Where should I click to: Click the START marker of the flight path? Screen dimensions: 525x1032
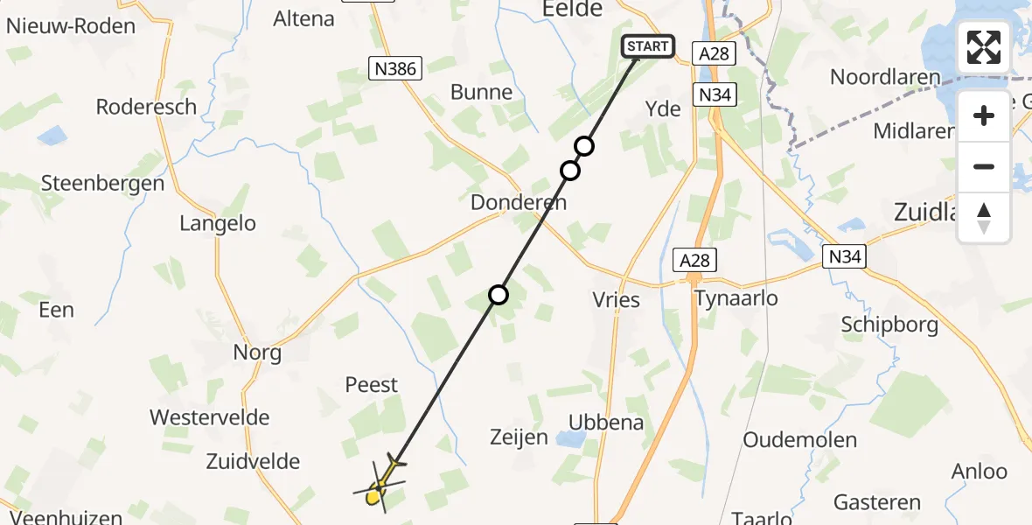click(647, 46)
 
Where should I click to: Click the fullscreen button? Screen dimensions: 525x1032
click(984, 47)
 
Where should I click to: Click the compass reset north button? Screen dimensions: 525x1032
click(984, 218)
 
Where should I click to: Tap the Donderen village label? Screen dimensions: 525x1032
click(519, 202)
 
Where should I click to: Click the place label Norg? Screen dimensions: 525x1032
click(257, 353)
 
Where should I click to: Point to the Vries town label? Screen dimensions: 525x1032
click(617, 299)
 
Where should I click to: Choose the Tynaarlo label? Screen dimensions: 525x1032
click(736, 298)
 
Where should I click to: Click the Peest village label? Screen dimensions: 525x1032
click(372, 384)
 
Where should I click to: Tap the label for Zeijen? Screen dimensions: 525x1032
click(519, 437)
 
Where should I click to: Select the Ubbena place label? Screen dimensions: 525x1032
click(606, 422)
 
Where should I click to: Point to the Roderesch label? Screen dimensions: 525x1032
click(146, 107)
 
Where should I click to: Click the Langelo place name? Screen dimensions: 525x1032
click(218, 223)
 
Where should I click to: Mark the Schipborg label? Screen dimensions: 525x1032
click(889, 325)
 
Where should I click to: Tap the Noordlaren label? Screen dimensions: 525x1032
click(885, 77)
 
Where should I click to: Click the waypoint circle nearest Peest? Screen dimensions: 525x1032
click(499, 295)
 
